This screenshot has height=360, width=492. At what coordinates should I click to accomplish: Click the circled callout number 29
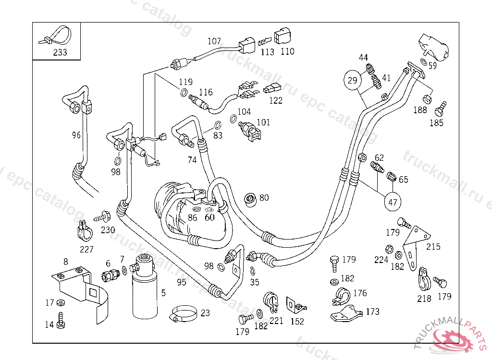coord(353,80)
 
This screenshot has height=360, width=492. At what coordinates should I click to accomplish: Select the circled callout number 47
coord(393,202)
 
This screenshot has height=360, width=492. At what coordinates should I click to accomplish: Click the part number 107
coord(214,41)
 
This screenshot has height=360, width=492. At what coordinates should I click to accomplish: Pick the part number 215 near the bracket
coord(433,247)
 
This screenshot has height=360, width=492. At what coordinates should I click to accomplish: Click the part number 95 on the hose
coord(181,282)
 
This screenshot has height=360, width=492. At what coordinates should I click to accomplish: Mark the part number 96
coord(76,135)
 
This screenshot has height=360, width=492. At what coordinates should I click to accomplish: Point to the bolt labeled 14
coord(60,320)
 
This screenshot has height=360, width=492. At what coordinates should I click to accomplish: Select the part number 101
coord(263,122)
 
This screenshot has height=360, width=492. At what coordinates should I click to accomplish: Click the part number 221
coord(276,321)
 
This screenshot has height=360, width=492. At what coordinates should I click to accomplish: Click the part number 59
coord(432,66)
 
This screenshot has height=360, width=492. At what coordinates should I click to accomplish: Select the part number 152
coord(297,321)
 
